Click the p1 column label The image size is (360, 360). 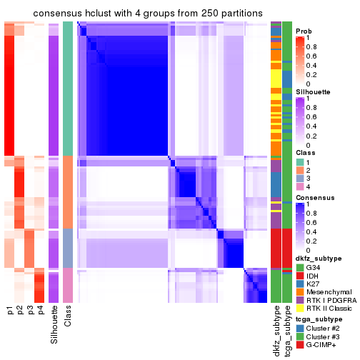(x=10, y=311)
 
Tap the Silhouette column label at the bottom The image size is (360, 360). (x=54, y=325)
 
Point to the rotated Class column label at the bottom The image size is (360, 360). (x=68, y=317)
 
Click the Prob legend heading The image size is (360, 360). (x=304, y=31)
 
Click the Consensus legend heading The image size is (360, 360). (x=313, y=198)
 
